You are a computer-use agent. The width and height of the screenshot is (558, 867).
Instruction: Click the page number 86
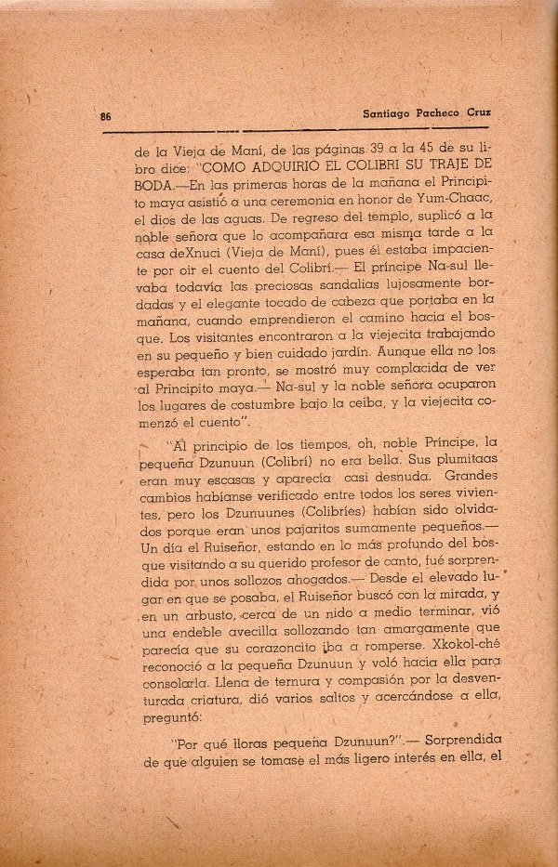point(106,117)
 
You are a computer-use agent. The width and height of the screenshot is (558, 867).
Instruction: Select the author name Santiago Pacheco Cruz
point(427,114)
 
